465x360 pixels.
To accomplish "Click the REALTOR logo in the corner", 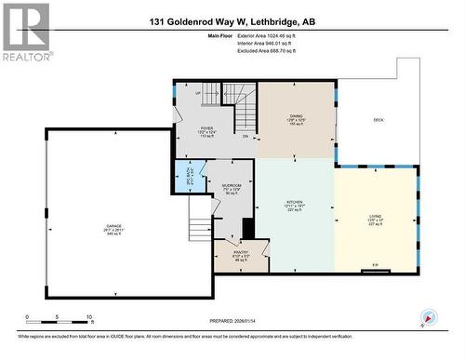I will pos(25,32).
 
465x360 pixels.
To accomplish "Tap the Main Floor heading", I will pos(220,34).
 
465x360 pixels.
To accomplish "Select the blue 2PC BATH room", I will pos(191,174).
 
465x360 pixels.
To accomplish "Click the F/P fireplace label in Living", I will pos(376,264).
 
